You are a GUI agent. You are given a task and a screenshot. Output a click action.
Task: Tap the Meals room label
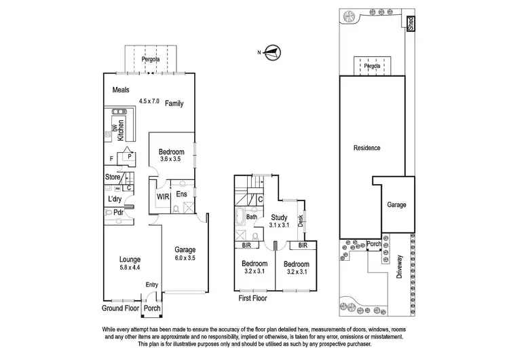coord(120,89)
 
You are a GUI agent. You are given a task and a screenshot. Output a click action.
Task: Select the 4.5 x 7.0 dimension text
coord(149,101)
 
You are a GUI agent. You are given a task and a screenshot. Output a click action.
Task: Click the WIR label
coord(163,197)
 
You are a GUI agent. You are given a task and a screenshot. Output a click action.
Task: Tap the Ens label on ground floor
coord(181,195)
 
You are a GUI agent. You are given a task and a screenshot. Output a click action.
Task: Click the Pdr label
coord(118,213)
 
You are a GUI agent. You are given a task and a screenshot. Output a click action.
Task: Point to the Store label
coord(113,177)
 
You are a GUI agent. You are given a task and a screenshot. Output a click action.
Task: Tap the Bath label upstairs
coord(242,217)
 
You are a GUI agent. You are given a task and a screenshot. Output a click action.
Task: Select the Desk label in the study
coord(300,221)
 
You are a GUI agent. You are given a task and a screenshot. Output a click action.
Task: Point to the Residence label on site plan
coord(366,147)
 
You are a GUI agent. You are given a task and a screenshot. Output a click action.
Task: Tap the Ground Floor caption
coord(119,308)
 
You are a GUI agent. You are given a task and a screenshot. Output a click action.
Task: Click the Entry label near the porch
coord(151,285)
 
